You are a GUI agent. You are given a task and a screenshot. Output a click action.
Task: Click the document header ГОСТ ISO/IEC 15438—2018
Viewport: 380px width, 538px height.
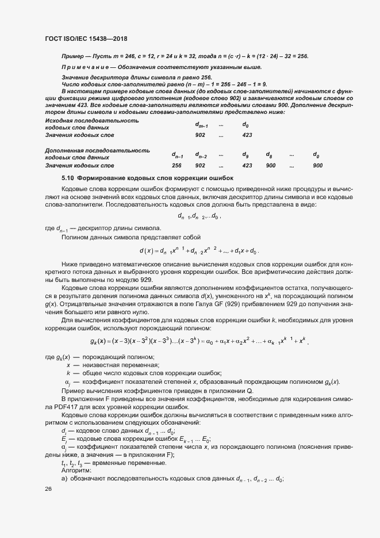(x=86, y=38)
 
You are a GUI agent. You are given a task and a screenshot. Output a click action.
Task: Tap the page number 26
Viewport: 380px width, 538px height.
(x=48, y=489)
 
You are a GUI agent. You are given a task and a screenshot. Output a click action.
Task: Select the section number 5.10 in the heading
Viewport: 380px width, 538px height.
(x=68, y=178)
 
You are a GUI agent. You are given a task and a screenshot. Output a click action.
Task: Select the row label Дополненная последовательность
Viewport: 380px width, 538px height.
(x=97, y=150)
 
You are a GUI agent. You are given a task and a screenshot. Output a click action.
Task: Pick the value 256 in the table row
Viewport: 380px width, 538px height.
(x=176, y=165)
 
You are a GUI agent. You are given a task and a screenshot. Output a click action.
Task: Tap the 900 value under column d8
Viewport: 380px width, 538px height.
(x=270, y=165)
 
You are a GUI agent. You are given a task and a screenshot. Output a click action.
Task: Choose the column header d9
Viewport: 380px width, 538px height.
(x=245, y=155)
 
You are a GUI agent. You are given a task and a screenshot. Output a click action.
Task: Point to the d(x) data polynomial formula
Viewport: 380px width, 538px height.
(x=199, y=250)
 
